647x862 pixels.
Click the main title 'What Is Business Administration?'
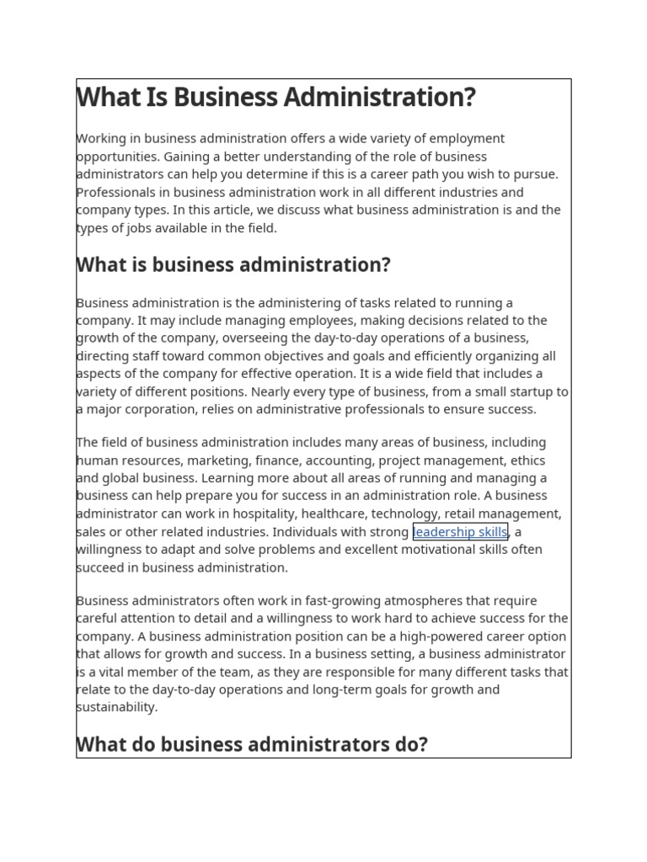click(276, 98)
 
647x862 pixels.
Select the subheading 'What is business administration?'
click(233, 265)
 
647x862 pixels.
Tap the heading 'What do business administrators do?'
click(252, 745)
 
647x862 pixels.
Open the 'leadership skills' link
click(460, 532)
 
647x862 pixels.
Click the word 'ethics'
click(527, 460)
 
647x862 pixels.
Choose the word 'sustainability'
click(117, 707)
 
